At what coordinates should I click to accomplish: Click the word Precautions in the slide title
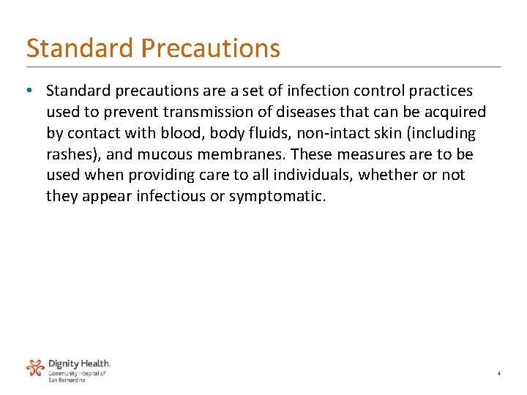(x=211, y=48)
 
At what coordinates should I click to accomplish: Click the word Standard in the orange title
(x=81, y=48)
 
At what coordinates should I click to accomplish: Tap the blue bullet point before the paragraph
(x=28, y=91)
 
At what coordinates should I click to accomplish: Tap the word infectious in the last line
(x=170, y=197)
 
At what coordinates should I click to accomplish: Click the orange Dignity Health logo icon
(x=35, y=368)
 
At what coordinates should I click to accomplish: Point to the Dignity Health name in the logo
(x=79, y=364)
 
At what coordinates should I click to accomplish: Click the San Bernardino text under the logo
(x=67, y=380)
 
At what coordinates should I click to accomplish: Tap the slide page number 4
(x=498, y=374)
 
